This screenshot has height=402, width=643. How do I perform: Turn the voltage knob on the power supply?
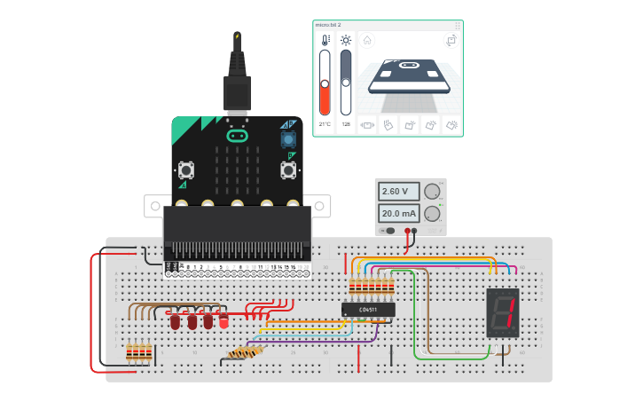coord(432,192)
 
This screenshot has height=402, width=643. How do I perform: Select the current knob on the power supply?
coord(432,213)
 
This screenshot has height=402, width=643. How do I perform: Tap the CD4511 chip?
coord(368,310)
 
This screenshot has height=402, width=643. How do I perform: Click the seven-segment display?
coord(502,312)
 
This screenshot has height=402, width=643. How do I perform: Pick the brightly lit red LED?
coord(223,320)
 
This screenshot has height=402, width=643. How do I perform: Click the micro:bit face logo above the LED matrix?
coord(237,136)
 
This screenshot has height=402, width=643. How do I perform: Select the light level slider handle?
coord(346,83)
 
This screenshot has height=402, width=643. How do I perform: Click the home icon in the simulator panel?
coord(367,40)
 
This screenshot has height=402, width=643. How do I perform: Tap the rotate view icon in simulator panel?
coord(451,40)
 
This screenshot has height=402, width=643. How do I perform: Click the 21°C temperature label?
coord(325,124)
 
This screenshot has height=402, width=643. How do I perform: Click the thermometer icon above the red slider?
coord(325,40)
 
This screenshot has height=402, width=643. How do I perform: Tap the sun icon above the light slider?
coord(346,40)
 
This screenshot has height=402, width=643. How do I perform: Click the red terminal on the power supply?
coord(408,231)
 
